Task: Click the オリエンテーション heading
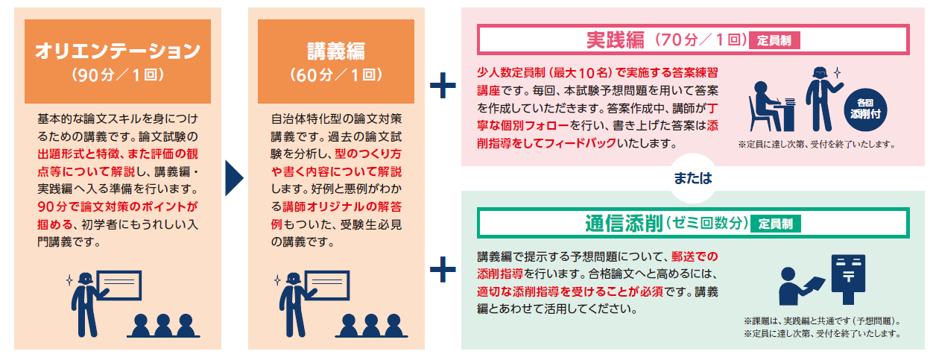118,51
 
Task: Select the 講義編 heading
336,51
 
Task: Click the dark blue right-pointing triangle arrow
235,179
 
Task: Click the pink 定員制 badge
774,40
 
